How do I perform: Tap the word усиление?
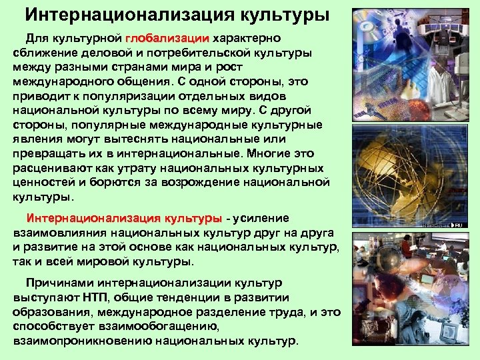coord(261,218)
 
